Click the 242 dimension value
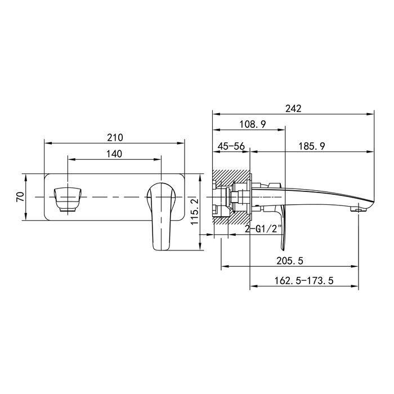pyautogui.click(x=293, y=109)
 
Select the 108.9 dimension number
pyautogui.click(x=252, y=124)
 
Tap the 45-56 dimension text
pyautogui.click(x=231, y=146)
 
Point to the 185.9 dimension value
pyautogui.click(x=312, y=146)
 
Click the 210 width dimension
pyautogui.click(x=115, y=137)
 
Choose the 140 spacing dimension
pyautogui.click(x=114, y=154)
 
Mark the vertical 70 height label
pyautogui.click(x=20, y=196)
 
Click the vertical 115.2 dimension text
pyautogui.click(x=195, y=212)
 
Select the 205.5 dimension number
pyautogui.click(x=290, y=261)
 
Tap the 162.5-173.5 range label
pyautogui.click(x=303, y=280)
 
